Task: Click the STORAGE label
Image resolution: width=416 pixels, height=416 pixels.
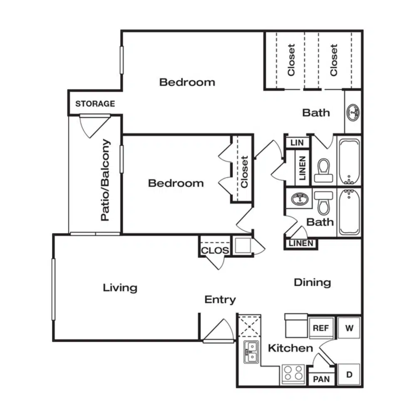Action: point(95,104)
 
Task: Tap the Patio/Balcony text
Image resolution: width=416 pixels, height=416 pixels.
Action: point(105,180)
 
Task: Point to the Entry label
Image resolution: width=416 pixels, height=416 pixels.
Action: point(220,300)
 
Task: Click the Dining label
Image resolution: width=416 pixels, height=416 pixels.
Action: point(312,283)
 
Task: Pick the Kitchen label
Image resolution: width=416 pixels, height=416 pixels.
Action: point(290,348)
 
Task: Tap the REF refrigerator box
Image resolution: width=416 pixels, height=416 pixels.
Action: point(321,328)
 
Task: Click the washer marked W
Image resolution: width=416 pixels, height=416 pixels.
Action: point(349,328)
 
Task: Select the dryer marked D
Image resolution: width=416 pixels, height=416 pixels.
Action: point(349,375)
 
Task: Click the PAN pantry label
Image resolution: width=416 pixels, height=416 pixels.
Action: point(321,379)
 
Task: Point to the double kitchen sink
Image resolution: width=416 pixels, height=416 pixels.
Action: point(251,352)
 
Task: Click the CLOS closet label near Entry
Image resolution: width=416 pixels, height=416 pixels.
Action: point(215,250)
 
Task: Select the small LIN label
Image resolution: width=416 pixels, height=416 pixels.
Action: point(297,143)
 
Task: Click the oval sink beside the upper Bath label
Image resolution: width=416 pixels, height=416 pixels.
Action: point(353,112)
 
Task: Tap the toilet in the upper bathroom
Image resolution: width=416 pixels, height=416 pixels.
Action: point(324,170)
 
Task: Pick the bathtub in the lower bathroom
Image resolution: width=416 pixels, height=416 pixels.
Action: point(349,212)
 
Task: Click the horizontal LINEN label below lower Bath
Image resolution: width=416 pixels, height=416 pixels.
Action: point(301,243)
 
